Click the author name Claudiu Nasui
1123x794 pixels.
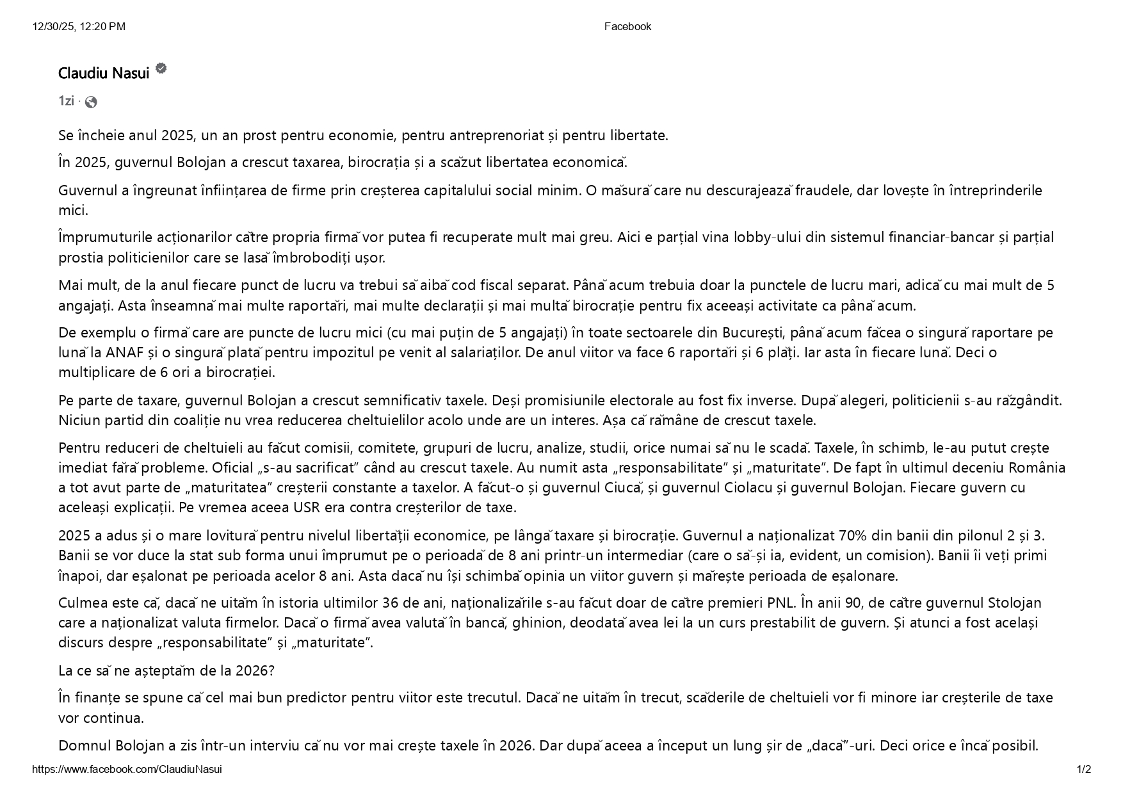pyautogui.click(x=104, y=74)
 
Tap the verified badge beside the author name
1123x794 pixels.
pyautogui.click(x=161, y=69)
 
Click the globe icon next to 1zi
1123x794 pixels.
pyautogui.click(x=91, y=102)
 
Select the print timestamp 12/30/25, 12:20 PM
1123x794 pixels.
pyautogui.click(x=79, y=26)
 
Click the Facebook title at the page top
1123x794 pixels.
pyautogui.click(x=627, y=26)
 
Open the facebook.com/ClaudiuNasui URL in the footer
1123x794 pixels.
pyautogui.click(x=127, y=770)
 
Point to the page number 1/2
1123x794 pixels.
pyautogui.click(x=1083, y=770)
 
